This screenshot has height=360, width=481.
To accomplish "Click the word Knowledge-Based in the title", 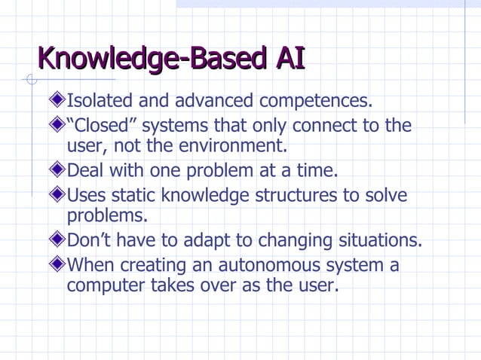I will pyautogui.click(x=148, y=59).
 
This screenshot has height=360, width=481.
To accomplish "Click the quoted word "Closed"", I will pyautogui.click(x=100, y=124).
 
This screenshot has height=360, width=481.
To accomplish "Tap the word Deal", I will pyautogui.click(x=84, y=169).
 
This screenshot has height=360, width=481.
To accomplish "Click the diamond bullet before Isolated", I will pyautogui.click(x=57, y=101).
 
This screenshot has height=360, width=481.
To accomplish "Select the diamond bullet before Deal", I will pyautogui.click(x=57, y=170).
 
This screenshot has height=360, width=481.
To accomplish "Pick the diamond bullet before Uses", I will pyautogui.click(x=57, y=196).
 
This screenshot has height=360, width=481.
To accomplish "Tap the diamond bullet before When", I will pyautogui.click(x=57, y=266).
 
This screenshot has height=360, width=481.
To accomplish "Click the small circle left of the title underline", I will pyautogui.click(x=30, y=79).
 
